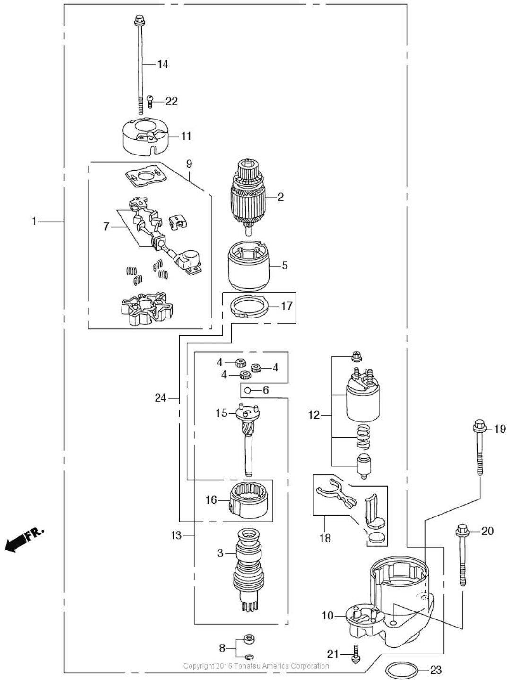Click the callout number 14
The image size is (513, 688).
(x=163, y=64)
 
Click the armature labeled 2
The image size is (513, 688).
(x=248, y=198)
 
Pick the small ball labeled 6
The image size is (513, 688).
(x=248, y=390)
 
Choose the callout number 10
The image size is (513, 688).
(x=327, y=616)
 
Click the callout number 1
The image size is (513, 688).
(x=34, y=222)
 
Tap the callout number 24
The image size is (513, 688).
(x=160, y=398)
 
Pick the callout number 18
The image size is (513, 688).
(x=325, y=538)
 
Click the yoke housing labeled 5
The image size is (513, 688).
(x=248, y=266)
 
